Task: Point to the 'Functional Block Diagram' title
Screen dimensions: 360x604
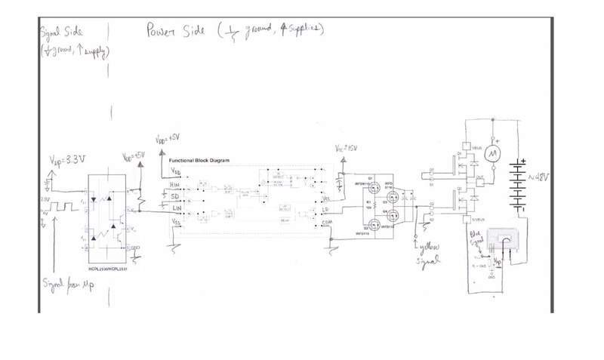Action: point(198,161)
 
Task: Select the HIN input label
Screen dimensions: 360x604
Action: point(174,184)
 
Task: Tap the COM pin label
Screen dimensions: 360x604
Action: point(327,223)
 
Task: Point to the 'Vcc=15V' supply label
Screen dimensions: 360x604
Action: point(346,149)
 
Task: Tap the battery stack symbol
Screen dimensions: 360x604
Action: point(519,185)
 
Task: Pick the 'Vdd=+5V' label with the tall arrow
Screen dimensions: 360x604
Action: point(167,140)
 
